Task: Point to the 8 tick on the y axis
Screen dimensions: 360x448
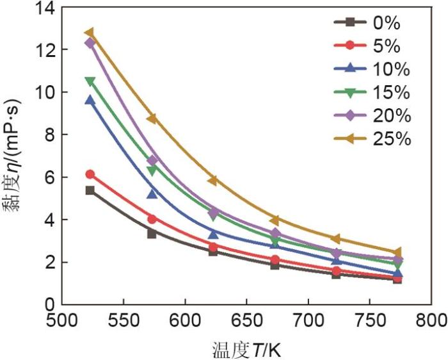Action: [x=48, y=135]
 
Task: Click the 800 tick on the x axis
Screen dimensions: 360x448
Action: [x=432, y=319]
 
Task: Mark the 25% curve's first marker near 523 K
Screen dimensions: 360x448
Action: [x=90, y=33]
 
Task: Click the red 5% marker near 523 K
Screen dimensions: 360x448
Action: [x=90, y=174]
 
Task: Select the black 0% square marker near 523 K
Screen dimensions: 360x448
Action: [x=90, y=190]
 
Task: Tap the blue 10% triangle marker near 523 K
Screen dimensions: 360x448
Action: [x=90, y=101]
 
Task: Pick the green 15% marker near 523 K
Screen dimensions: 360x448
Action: [x=90, y=81]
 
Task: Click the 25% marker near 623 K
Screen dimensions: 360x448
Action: [x=212, y=181]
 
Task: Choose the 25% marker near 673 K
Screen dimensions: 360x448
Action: [x=275, y=220]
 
